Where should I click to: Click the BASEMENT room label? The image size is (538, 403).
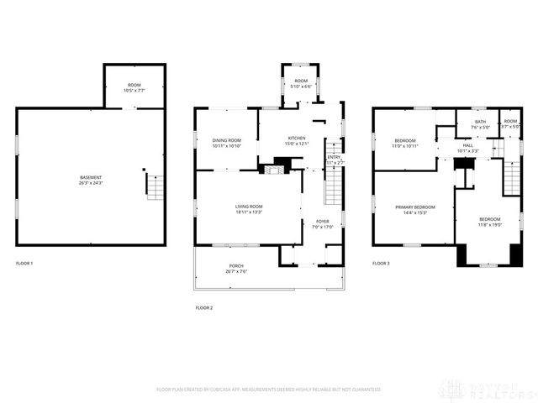[x=91, y=178]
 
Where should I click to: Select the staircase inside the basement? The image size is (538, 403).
[x=155, y=186]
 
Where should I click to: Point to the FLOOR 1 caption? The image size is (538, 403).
[x=25, y=264]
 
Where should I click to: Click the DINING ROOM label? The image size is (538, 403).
[x=226, y=141]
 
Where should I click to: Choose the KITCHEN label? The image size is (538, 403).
[x=297, y=139]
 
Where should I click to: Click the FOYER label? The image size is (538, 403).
[x=323, y=222]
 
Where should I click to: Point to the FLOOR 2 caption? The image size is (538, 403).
[x=204, y=308]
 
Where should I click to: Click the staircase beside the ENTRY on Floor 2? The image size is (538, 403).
[x=334, y=187]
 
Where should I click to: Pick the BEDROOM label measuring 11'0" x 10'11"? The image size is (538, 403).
[x=405, y=142]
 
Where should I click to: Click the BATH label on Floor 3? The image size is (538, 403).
[x=480, y=123]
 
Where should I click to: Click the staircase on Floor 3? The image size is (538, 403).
[x=512, y=176]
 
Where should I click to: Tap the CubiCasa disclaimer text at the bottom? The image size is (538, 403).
[x=269, y=390]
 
